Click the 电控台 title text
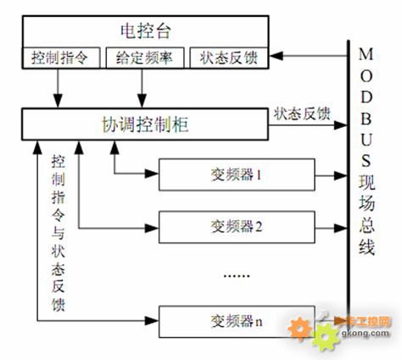click(146, 30)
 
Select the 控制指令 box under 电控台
click(61, 58)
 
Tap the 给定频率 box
click(145, 58)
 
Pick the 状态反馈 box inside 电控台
click(229, 58)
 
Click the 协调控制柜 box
click(145, 125)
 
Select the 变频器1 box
click(237, 174)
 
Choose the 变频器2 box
click(237, 227)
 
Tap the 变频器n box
click(237, 322)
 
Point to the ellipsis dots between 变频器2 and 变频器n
click(237, 276)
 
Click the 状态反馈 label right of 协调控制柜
click(302, 114)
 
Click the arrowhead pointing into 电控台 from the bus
click(276, 56)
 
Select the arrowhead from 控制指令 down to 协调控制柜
click(58, 101)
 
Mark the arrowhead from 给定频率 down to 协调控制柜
click(142, 101)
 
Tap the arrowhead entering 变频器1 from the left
click(152, 173)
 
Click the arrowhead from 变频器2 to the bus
click(340, 228)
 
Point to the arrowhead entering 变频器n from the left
click(152, 321)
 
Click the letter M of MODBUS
click(366, 54)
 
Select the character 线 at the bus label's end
click(367, 247)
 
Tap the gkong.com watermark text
click(366, 333)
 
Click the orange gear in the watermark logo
click(299, 329)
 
